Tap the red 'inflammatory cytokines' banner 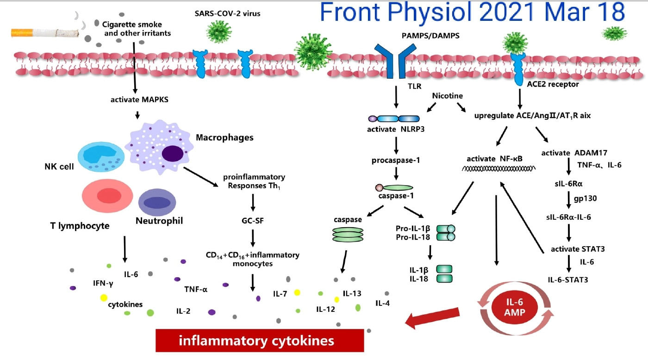pos(259,341)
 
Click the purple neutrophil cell pos(157,203)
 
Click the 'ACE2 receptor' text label pos(553,84)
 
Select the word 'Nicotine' pos(448,96)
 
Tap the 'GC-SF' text pos(253,220)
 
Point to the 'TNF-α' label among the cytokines pos(196,290)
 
